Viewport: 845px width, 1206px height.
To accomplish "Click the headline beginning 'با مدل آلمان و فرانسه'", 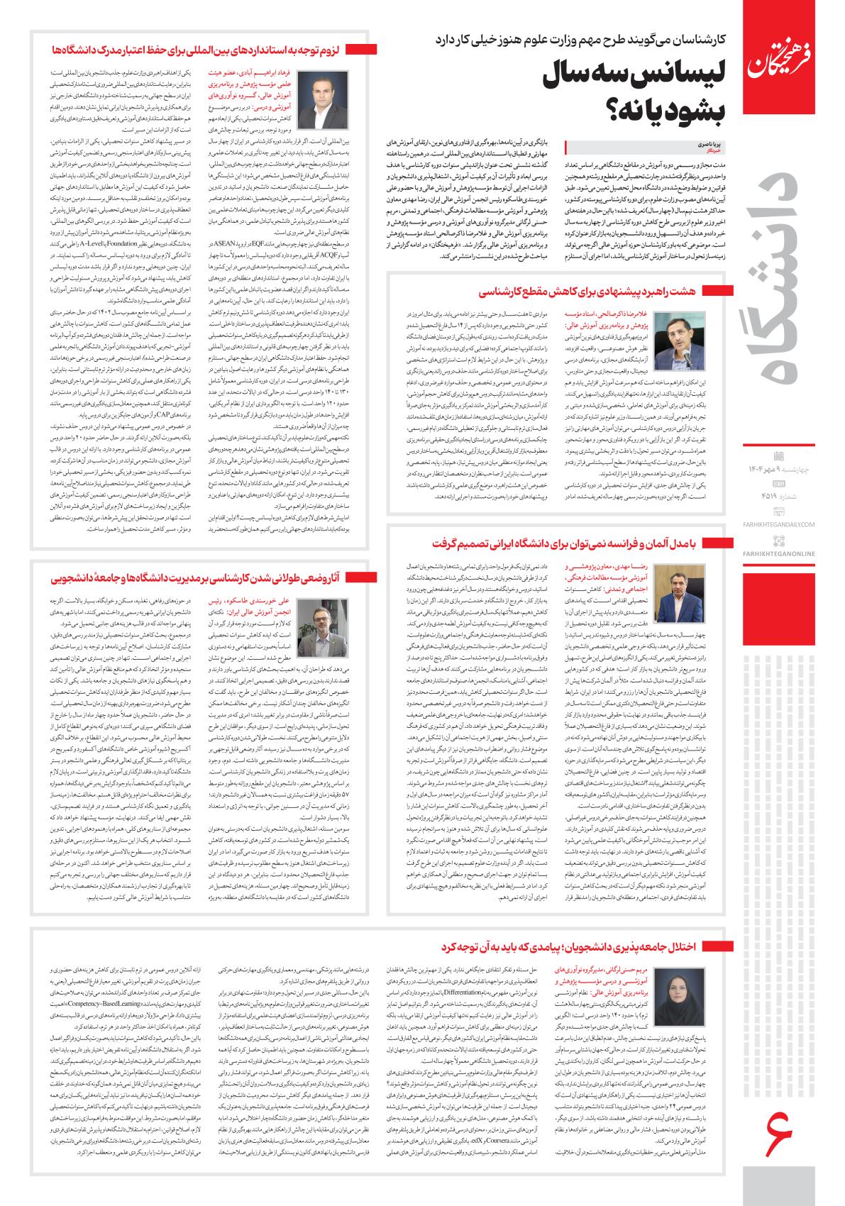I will tap(586, 543).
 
